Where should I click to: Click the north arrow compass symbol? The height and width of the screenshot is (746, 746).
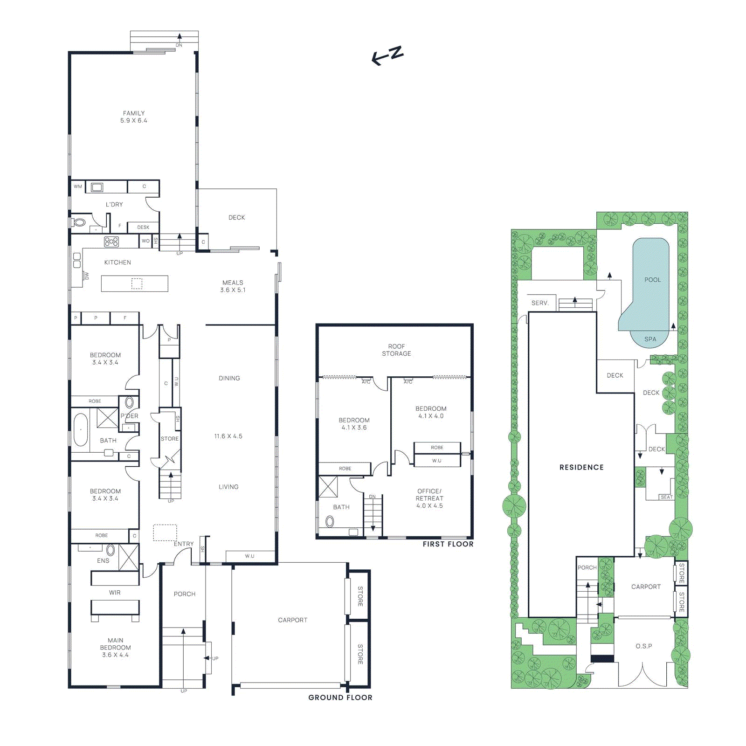pos(387,55)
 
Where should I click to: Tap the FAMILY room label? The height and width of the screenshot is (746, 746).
pos(134,113)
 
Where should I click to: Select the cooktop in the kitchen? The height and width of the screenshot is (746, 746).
pos(111,242)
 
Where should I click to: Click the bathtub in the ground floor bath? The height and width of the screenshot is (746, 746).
pos(81,429)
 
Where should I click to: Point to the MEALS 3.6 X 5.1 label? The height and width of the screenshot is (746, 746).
pos(233,286)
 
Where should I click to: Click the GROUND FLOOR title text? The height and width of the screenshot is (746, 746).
pos(340,698)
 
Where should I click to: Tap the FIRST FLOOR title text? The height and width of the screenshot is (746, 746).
pos(448,544)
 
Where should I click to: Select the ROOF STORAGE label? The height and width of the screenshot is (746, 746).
pos(396,350)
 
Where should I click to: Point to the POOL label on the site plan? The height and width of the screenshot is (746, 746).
pos(653,280)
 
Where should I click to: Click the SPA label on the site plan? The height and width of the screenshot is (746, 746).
pos(650,339)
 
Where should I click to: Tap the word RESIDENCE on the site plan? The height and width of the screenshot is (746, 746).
pos(581,467)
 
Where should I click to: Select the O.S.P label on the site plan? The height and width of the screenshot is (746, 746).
pos(644,646)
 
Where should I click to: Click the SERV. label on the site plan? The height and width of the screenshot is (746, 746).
pos(540,303)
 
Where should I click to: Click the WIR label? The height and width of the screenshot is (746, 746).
pos(115,593)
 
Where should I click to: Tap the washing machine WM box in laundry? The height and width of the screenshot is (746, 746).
pos(78,186)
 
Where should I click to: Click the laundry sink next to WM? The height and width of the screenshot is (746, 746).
pos(97,187)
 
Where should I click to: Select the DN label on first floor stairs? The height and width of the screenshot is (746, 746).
pos(372,497)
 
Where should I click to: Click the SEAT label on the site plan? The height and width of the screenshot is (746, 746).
pos(667,497)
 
